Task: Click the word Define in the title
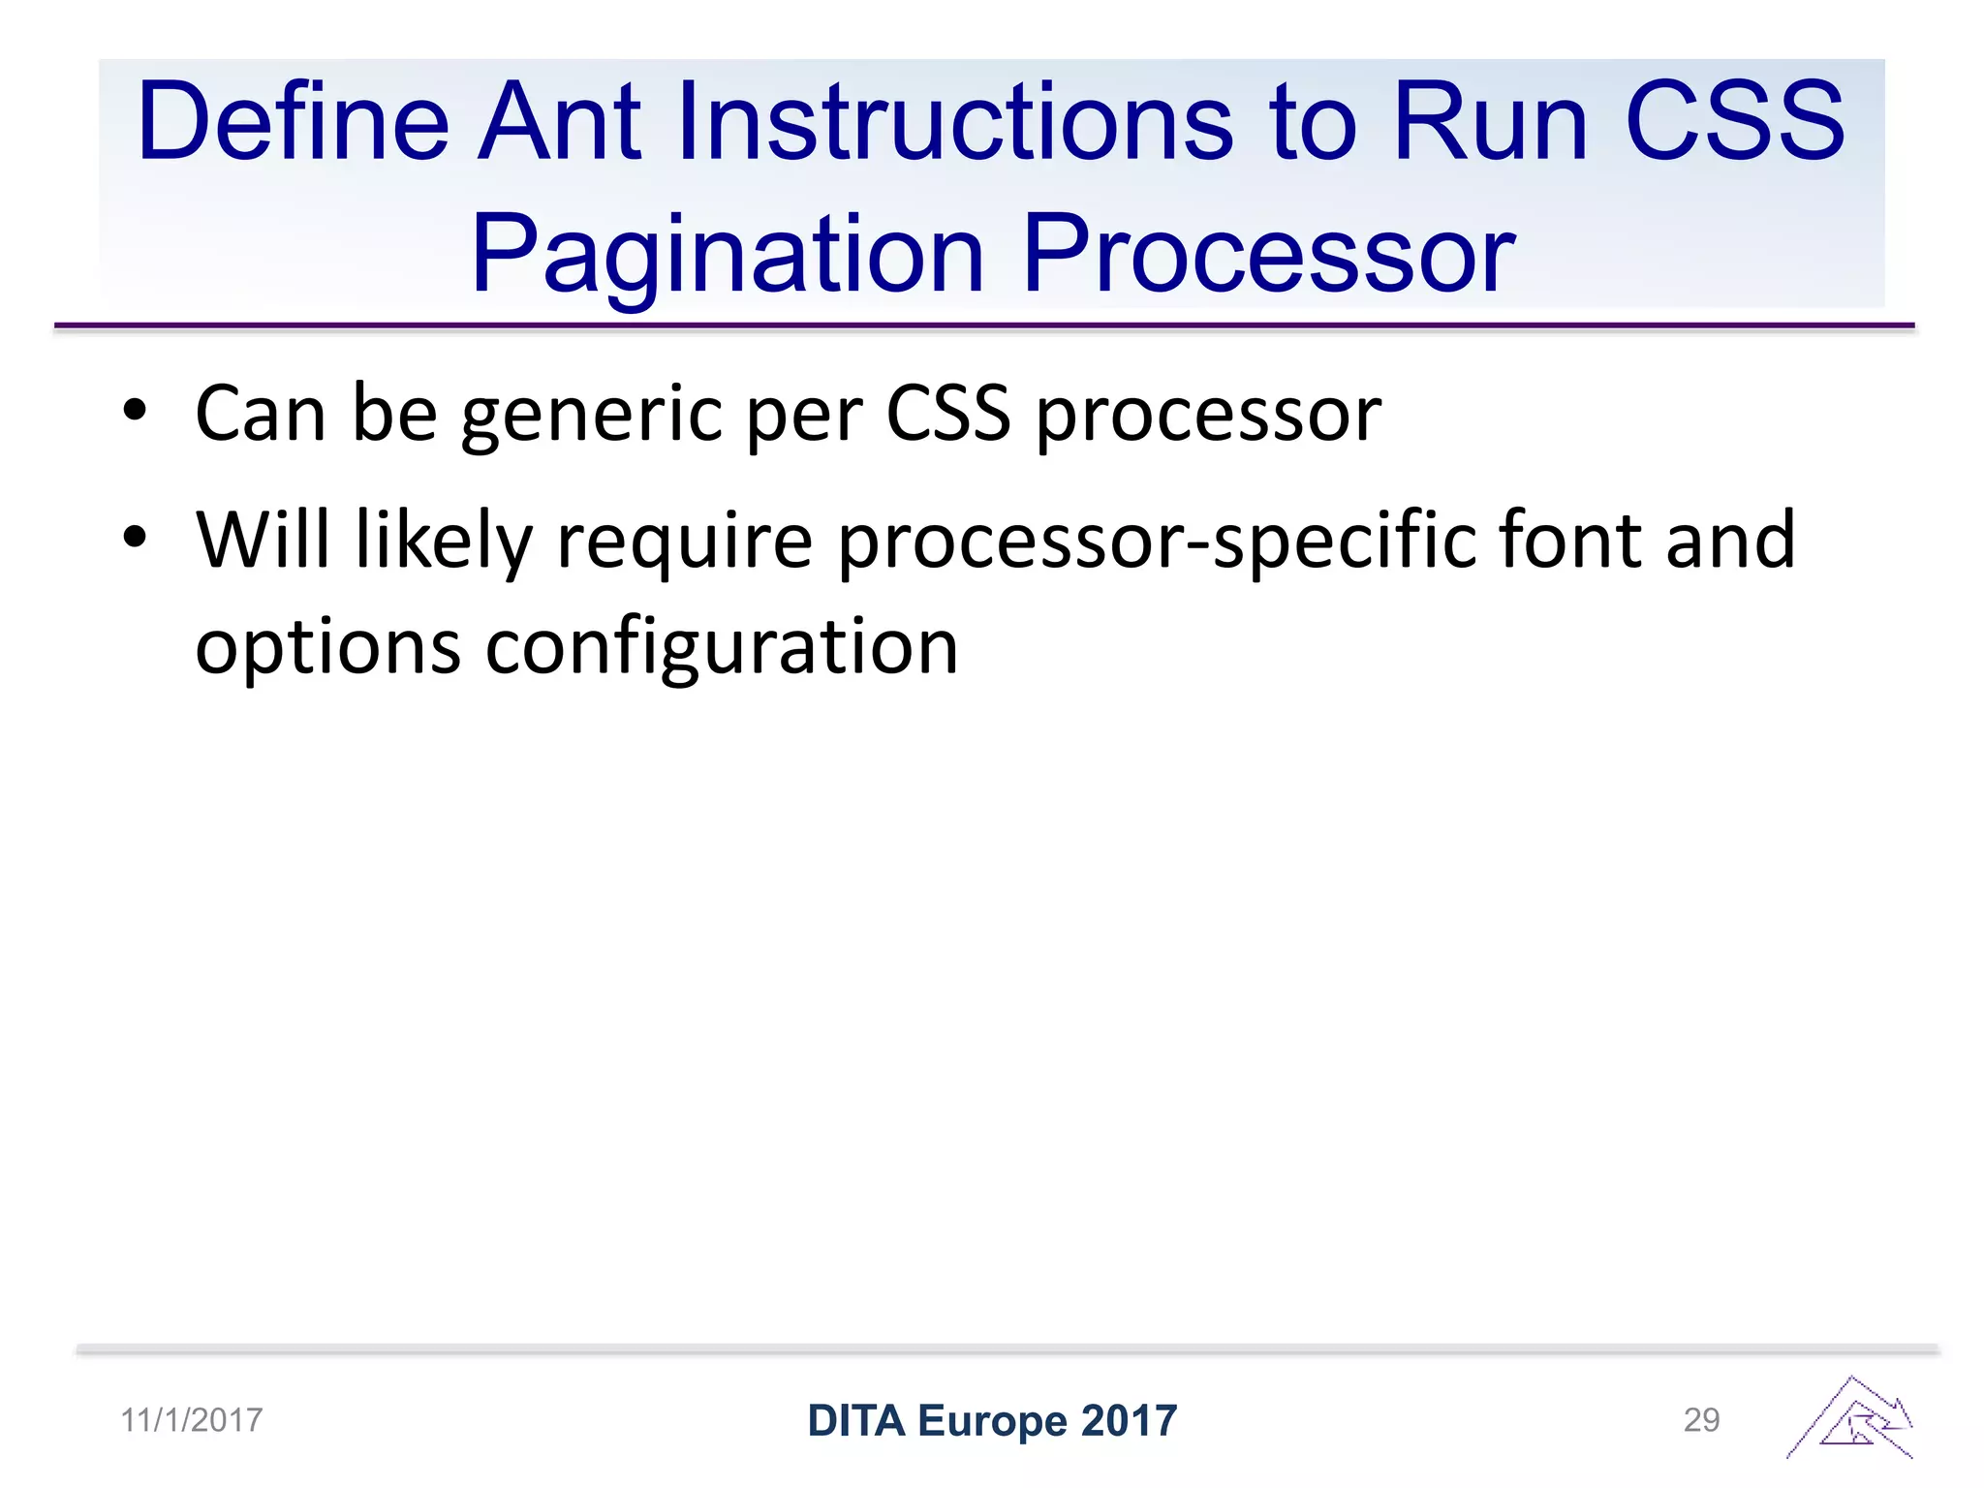(x=293, y=122)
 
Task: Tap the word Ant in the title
(x=559, y=122)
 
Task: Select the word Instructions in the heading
(x=954, y=122)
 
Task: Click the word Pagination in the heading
(x=728, y=255)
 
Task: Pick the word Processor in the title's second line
(x=1268, y=255)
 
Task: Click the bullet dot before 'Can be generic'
(x=135, y=411)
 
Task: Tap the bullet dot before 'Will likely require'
(x=135, y=537)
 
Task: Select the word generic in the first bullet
(x=592, y=415)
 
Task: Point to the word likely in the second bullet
(x=444, y=541)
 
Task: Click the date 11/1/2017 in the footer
(x=191, y=1420)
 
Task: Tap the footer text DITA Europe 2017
(x=992, y=1420)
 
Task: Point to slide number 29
(x=1701, y=1420)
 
